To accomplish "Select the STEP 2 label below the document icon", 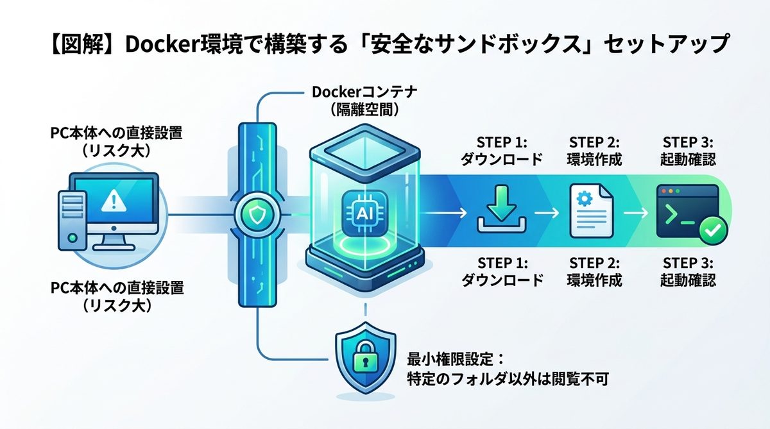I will point(594,262).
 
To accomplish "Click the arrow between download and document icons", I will point(546,212).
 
